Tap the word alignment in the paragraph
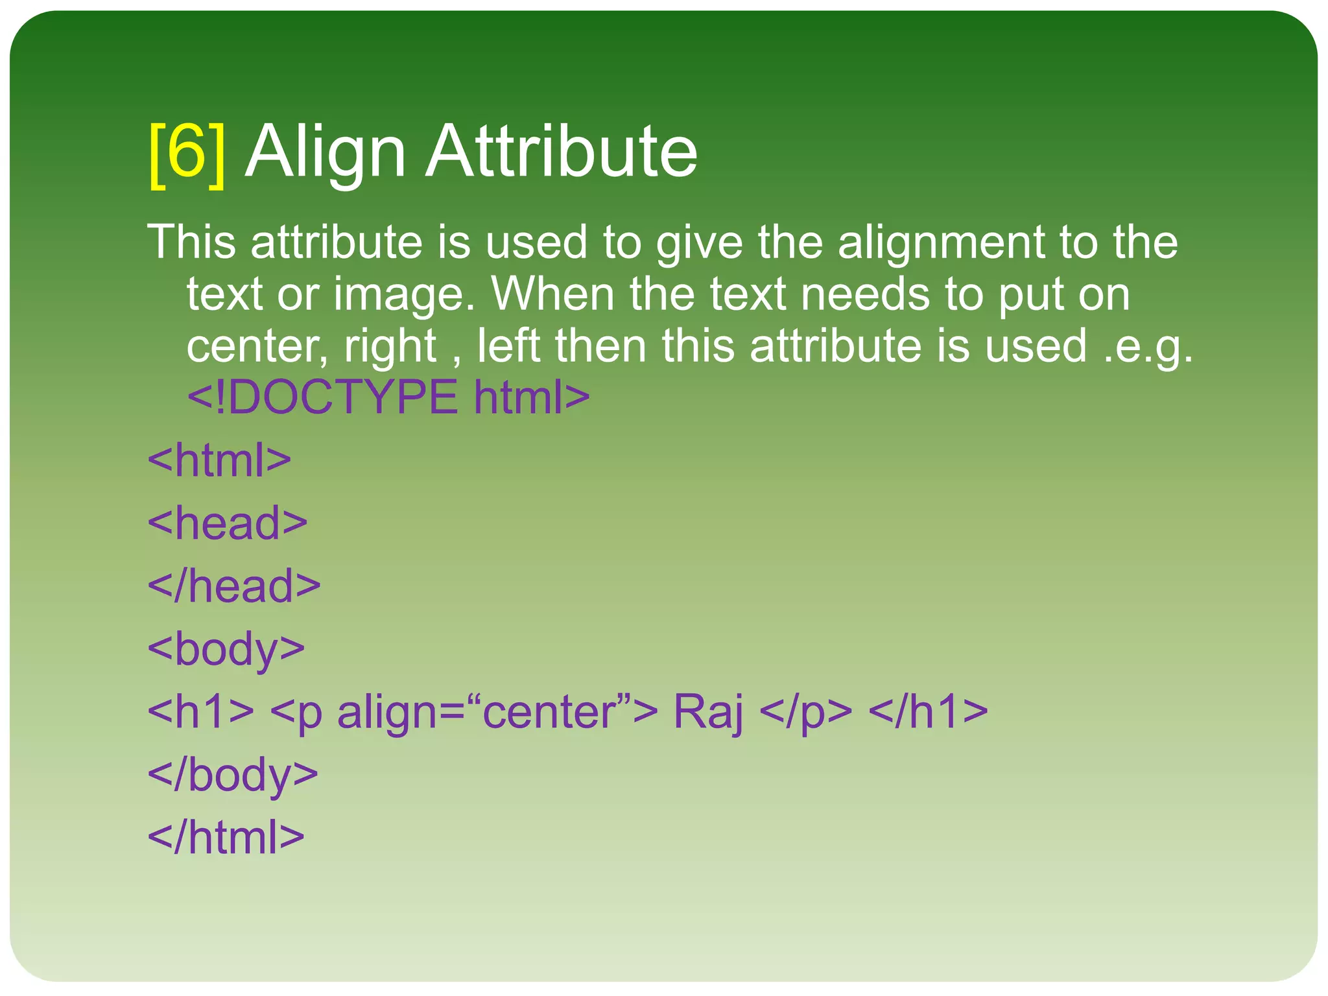[941, 243]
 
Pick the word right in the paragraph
[390, 347]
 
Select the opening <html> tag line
[219, 460]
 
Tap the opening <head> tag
[228, 523]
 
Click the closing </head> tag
[234, 586]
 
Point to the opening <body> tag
[226, 649]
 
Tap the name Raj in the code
[708, 712]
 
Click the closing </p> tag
[805, 712]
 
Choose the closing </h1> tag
[928, 711]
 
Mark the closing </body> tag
[233, 775]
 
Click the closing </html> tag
[226, 837]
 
